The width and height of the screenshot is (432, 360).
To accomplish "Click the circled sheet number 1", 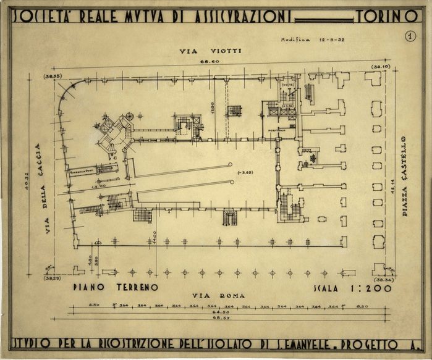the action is [410, 36].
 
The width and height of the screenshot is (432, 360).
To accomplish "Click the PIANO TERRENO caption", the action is [115, 287].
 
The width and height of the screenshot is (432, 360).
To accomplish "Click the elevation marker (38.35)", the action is [53, 76].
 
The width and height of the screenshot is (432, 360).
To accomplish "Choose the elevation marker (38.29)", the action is [53, 278].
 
